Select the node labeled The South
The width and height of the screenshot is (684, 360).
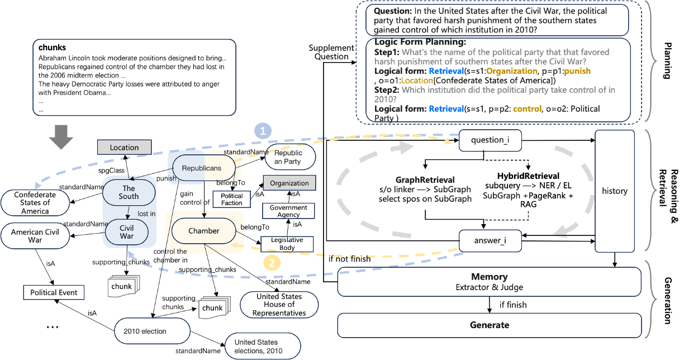pos(129,192)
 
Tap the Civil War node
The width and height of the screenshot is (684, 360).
pos(127,232)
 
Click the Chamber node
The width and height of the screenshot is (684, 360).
pos(204,231)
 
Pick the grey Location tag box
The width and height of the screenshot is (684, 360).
pos(124,148)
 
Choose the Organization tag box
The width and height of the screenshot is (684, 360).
pos(289,183)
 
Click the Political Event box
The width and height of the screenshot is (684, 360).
pos(54,292)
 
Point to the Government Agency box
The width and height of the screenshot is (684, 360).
pos(288,211)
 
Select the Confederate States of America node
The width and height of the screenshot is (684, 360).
pos(35,203)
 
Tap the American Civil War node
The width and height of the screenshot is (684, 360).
pos(35,236)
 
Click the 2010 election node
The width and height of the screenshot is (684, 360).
pos(145,331)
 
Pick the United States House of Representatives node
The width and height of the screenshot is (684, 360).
pos(279,305)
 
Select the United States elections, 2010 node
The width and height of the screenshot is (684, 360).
pos(263,347)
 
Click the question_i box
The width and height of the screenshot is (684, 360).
pos(490,140)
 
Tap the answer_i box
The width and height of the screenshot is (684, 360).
pos(490,241)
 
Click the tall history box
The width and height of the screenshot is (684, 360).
pos(615,191)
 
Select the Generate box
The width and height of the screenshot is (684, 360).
pos(490,325)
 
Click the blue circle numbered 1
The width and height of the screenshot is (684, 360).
pos(263,131)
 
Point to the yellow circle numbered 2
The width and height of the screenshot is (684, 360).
pos(272,262)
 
